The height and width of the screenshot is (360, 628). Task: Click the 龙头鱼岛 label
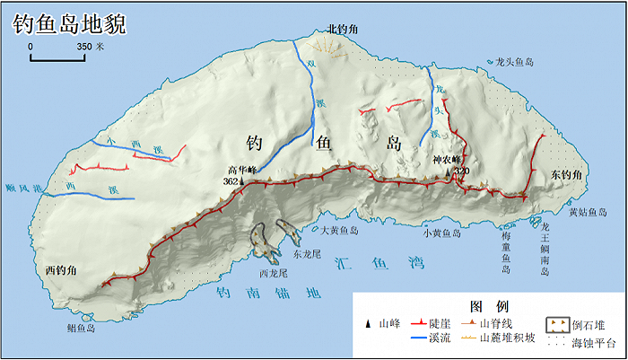[x=515, y=62]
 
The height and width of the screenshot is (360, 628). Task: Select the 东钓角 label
[x=567, y=174]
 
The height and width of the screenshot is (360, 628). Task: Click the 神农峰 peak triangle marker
[x=448, y=171]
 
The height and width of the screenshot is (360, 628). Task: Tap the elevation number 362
[x=229, y=181]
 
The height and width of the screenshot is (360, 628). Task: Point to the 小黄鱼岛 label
[x=441, y=233]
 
